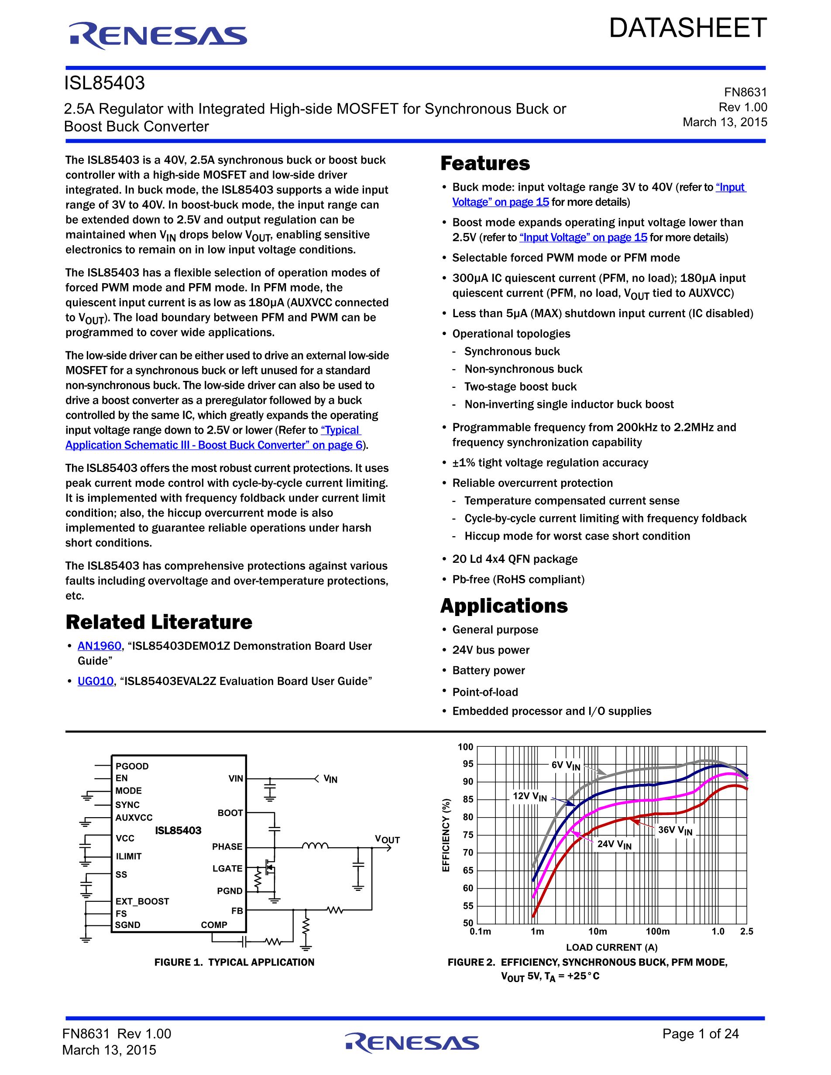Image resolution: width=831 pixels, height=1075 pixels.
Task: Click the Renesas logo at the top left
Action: click(x=158, y=36)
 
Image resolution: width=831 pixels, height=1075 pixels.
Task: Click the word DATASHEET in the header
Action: click(x=688, y=28)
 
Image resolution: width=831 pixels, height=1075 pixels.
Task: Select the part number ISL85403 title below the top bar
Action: click(x=104, y=83)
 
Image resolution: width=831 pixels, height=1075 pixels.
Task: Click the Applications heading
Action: click(x=504, y=606)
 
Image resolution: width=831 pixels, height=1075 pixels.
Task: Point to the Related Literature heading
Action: click(x=158, y=622)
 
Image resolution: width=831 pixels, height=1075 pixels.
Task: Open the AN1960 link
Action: click(x=99, y=646)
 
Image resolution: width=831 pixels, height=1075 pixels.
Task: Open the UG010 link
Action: click(x=96, y=681)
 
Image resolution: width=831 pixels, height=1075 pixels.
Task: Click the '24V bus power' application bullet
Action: click(x=491, y=650)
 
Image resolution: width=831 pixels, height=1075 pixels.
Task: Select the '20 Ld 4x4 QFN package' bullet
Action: click(x=515, y=559)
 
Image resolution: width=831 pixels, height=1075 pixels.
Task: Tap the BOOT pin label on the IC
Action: click(x=230, y=813)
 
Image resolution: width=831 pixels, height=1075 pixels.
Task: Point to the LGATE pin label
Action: click(x=227, y=868)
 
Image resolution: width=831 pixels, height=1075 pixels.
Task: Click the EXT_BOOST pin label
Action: click(x=142, y=901)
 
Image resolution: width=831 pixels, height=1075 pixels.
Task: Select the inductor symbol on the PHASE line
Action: click(x=315, y=846)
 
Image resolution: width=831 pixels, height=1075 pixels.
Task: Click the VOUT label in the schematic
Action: click(x=387, y=839)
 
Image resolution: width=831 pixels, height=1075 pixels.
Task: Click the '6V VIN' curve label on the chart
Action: click(x=566, y=765)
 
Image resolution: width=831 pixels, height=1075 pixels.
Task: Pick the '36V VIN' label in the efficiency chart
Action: click(x=675, y=830)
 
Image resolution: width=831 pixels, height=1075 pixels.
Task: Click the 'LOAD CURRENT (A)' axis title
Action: click(x=611, y=947)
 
